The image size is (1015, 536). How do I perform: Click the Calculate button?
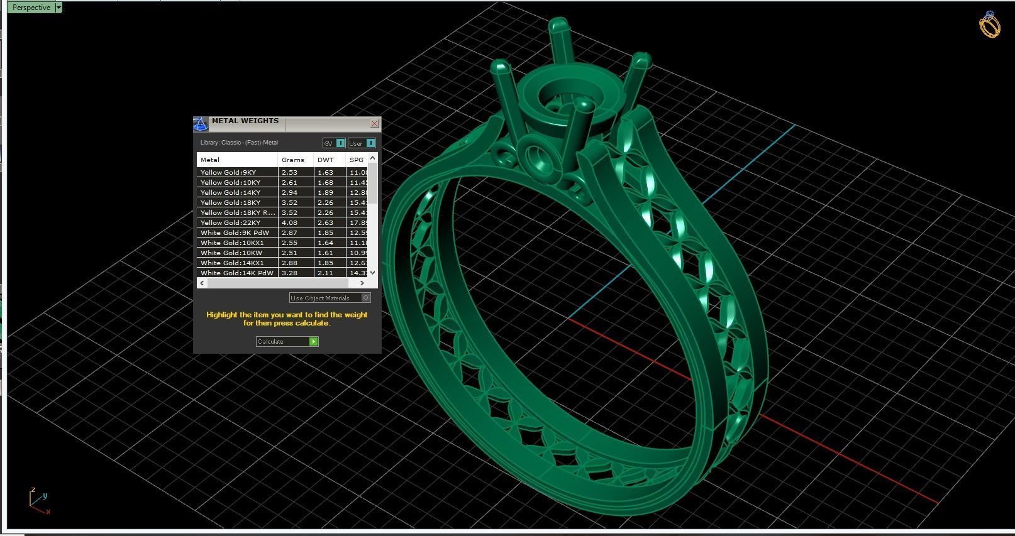pyautogui.click(x=287, y=341)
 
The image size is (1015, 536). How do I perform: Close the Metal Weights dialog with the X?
pyautogui.click(x=375, y=123)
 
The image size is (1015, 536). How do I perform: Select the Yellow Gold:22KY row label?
pyautogui.click(x=230, y=222)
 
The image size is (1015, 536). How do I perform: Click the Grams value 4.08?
pyautogui.click(x=289, y=222)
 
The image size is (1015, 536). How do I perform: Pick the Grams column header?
pyautogui.click(x=293, y=160)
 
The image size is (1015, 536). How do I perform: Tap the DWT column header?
pyautogui.click(x=326, y=160)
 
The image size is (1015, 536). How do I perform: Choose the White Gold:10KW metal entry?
pyautogui.click(x=231, y=253)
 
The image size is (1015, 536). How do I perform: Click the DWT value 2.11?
pyautogui.click(x=325, y=273)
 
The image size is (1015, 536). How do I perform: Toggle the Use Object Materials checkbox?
pyautogui.click(x=366, y=298)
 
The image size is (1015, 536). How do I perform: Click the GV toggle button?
pyautogui.click(x=340, y=143)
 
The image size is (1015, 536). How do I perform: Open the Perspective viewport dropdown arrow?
pyautogui.click(x=58, y=8)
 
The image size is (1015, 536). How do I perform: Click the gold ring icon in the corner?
pyautogui.click(x=989, y=25)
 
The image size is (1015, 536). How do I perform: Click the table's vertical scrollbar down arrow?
pyautogui.click(x=373, y=272)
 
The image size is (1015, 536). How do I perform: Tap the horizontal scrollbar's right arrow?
pyautogui.click(x=362, y=283)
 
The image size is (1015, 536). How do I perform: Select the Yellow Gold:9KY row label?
pyautogui.click(x=228, y=172)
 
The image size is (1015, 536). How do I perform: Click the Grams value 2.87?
pyautogui.click(x=289, y=232)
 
